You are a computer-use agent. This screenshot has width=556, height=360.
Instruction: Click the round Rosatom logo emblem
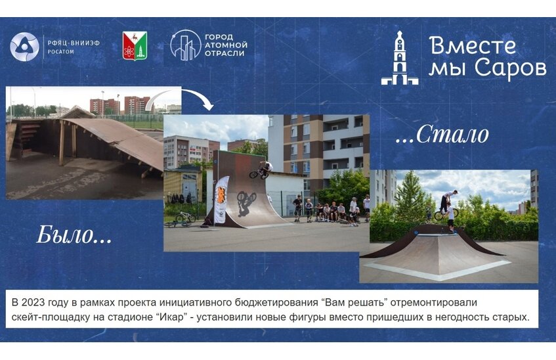point(25,47)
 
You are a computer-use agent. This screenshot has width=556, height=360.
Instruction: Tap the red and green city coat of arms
point(135,46)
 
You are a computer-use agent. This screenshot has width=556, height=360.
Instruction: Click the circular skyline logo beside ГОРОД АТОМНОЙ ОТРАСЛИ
point(185,45)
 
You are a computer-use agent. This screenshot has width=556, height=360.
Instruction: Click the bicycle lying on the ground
point(184,217)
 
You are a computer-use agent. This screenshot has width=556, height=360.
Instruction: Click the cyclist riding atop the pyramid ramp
point(448,207)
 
